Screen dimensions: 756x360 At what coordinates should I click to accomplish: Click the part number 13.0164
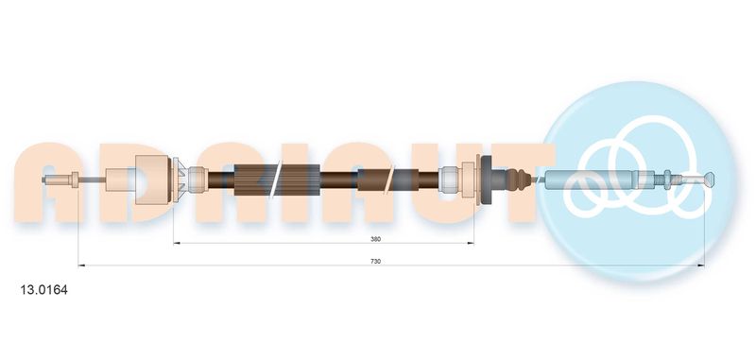43,290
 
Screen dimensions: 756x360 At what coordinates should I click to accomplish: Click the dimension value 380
375,238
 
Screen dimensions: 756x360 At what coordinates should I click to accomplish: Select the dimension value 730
375,261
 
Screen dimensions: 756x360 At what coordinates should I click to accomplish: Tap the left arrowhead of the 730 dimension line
81,266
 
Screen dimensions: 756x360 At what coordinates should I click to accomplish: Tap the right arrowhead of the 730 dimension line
701,266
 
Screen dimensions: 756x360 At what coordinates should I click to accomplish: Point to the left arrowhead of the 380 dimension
177,244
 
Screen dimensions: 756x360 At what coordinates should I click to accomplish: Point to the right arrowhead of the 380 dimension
471,244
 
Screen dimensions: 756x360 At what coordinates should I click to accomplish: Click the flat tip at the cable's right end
710,180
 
